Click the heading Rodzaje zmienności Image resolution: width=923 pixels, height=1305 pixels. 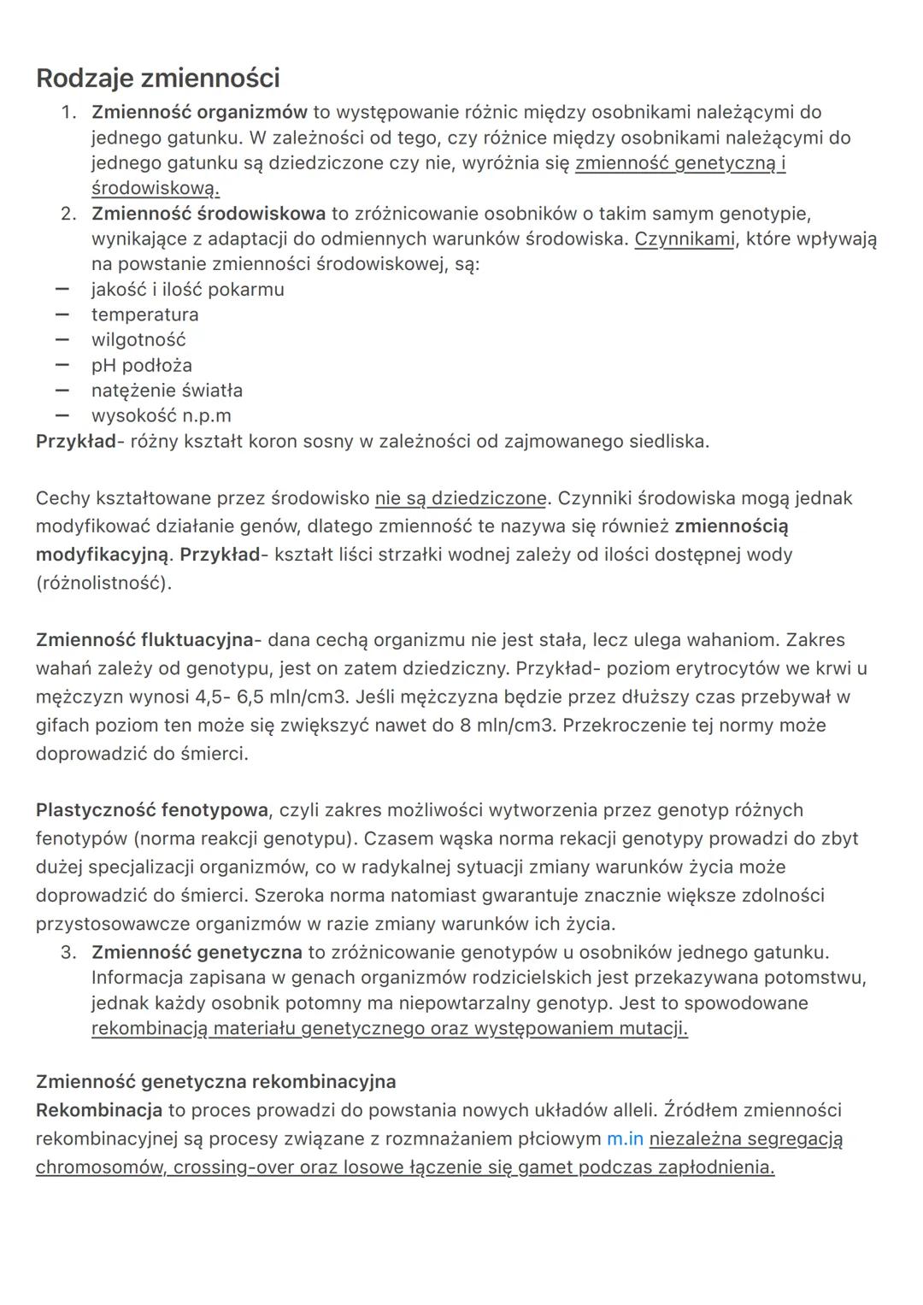(158, 79)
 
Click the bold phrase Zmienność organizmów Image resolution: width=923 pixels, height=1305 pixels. (199, 112)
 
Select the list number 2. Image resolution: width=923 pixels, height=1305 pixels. (69, 213)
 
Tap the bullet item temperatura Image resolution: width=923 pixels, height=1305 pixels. (144, 314)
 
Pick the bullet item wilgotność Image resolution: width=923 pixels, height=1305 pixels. (138, 340)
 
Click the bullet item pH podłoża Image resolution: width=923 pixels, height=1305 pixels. (142, 365)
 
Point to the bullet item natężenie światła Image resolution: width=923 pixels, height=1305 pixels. (167, 391)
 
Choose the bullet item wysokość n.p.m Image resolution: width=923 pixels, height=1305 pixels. (161, 416)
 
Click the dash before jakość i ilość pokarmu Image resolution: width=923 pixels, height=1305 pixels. (62, 290)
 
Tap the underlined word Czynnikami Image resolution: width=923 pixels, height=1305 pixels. (684, 238)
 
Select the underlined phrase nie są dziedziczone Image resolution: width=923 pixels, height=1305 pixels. (461, 498)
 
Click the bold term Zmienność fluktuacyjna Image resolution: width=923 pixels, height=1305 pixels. (144, 640)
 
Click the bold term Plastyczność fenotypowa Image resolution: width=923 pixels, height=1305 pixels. (151, 810)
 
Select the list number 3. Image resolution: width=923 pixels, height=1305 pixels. (69, 952)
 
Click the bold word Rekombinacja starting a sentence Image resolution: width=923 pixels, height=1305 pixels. (98, 1110)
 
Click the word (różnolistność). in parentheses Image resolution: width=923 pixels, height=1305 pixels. (103, 584)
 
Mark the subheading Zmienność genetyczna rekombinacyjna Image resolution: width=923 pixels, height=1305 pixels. (215, 1082)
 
